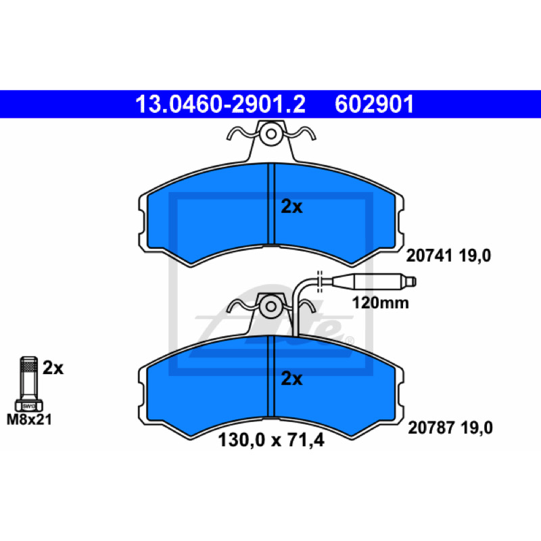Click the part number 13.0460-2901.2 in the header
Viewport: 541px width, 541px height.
tap(220, 104)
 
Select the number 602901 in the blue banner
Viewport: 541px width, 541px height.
tap(375, 104)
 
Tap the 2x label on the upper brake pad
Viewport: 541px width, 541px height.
tap(291, 207)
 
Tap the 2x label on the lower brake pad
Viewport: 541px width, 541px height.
tap(291, 379)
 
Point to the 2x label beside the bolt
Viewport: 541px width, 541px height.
tap(53, 368)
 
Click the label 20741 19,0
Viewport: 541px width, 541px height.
tap(448, 256)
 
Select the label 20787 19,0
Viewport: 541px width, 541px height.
tap(450, 428)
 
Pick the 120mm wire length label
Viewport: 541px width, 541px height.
tap(380, 303)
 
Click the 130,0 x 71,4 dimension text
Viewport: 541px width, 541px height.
tap(271, 440)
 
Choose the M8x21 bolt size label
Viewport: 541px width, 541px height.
tap(29, 419)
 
